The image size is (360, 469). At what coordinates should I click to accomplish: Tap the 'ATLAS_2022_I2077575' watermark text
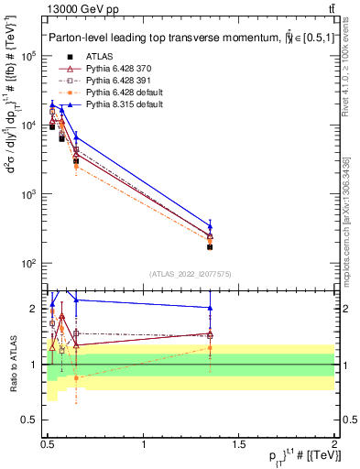click(x=190, y=274)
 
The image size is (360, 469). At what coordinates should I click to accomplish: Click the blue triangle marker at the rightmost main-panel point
click(x=210, y=226)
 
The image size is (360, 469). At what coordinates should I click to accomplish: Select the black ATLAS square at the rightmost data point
click(x=210, y=246)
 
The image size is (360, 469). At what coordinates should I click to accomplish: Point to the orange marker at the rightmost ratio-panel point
click(x=210, y=347)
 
